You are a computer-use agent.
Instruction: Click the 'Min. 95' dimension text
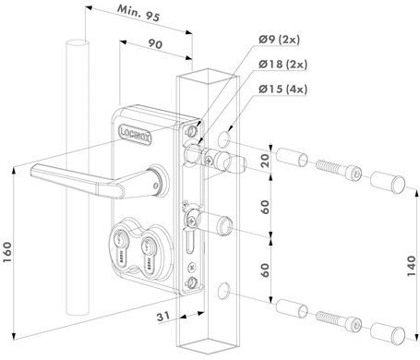(x=138, y=13)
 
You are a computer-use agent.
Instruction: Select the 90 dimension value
(x=155, y=44)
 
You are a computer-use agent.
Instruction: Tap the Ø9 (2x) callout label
(x=279, y=40)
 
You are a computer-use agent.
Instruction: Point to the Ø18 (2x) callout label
(x=282, y=64)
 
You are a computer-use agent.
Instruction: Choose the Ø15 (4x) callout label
(x=282, y=89)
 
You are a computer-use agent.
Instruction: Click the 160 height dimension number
(x=6, y=252)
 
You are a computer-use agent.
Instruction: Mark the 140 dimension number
(x=411, y=266)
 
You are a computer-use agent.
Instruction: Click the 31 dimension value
(x=163, y=317)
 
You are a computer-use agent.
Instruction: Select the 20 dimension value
(x=265, y=161)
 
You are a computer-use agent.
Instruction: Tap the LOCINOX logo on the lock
(x=135, y=135)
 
